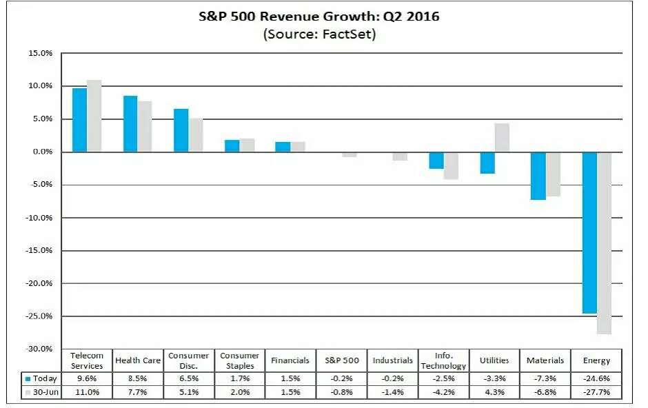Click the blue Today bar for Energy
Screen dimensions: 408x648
tap(589, 232)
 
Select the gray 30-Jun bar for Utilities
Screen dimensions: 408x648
tap(502, 138)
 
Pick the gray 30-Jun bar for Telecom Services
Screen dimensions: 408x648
tap(94, 116)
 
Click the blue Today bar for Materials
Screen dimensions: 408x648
tap(538, 176)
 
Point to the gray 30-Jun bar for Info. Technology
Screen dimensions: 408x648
tap(452, 165)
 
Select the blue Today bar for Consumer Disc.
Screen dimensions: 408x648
tap(181, 130)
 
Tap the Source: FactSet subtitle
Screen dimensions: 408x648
tap(318, 34)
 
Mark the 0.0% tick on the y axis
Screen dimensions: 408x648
tap(39, 152)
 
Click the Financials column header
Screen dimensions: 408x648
tap(290, 360)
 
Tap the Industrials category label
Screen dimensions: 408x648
tap(392, 360)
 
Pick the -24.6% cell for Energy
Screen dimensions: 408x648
tap(596, 378)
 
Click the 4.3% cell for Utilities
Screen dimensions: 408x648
tap(494, 392)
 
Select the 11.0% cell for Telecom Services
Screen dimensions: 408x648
tap(87, 392)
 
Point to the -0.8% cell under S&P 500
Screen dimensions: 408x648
tap(341, 392)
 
